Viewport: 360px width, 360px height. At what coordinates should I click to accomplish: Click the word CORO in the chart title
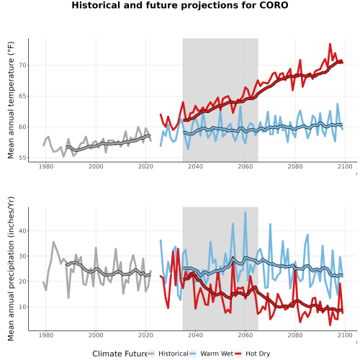coord(274,5)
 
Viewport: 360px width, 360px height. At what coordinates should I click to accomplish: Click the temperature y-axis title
coord(11,100)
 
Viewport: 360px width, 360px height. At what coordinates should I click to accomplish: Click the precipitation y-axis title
coord(11,269)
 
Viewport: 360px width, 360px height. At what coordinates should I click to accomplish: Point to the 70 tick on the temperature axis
coord(23,66)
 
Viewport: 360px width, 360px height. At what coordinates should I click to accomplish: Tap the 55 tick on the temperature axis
coord(23,158)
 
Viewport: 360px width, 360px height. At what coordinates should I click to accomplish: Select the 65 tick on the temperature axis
coord(23,96)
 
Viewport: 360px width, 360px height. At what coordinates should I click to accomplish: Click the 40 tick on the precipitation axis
coord(23,231)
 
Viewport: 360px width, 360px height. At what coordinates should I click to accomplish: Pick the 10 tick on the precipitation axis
coord(23,307)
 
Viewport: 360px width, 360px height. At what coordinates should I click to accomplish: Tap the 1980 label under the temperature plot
coord(46,166)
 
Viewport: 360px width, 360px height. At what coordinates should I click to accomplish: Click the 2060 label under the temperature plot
coord(246,166)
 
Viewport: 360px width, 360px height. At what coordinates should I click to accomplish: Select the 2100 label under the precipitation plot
coord(345,335)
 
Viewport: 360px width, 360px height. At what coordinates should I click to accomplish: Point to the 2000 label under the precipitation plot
coord(96,335)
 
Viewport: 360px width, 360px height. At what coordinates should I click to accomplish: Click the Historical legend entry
coord(168,354)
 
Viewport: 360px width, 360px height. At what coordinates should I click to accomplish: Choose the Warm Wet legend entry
coord(211,354)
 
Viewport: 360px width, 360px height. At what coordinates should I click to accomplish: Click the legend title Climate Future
coord(120,354)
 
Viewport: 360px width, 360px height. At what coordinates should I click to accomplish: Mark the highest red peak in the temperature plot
coord(330,44)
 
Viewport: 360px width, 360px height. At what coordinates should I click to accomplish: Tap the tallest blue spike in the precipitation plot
coord(245,212)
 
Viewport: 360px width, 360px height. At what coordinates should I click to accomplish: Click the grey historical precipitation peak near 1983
coord(53,242)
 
